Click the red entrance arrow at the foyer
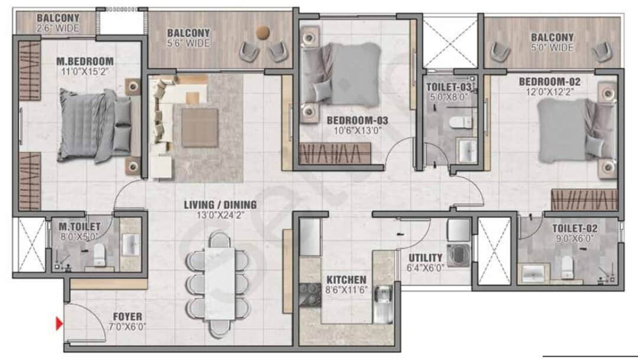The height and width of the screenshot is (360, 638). (x=59, y=323)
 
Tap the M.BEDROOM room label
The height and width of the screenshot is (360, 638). (x=85, y=61)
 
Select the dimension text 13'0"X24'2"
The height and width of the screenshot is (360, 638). (x=220, y=215)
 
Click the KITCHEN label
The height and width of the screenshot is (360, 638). (x=346, y=279)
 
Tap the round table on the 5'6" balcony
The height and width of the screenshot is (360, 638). (x=262, y=32)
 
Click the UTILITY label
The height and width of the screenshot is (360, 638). (x=425, y=258)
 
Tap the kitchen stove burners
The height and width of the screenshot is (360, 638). (x=309, y=296)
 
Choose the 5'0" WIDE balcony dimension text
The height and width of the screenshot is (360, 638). (x=552, y=47)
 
